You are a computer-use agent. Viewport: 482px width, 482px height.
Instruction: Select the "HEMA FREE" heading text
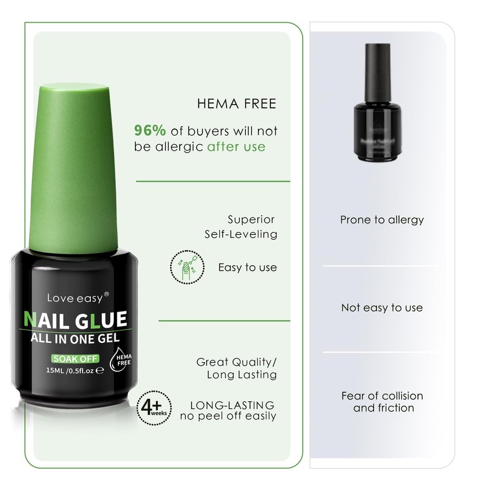[237, 104]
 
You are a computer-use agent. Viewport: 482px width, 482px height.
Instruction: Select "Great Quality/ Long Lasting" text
[237, 369]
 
